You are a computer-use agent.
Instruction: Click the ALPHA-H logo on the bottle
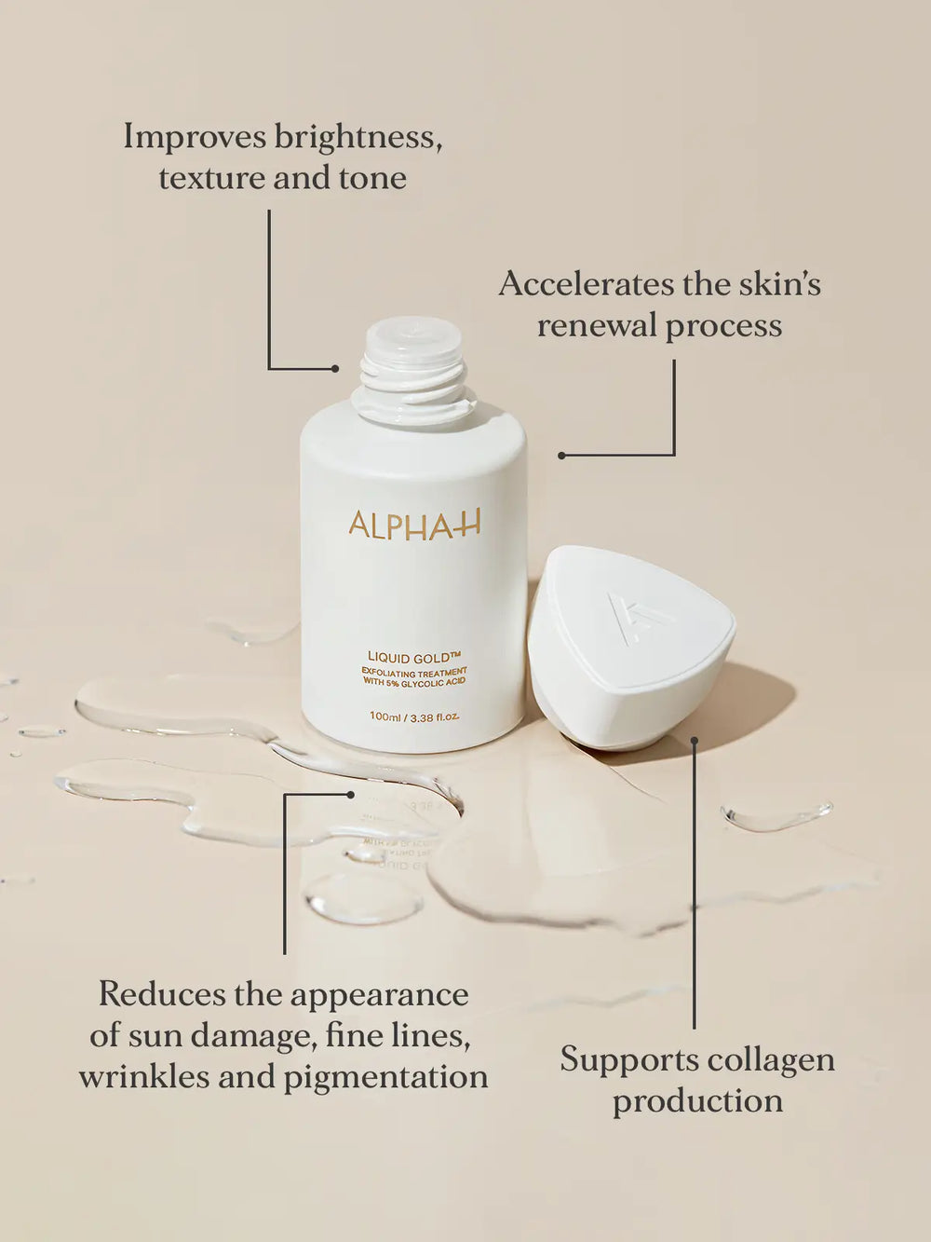414,525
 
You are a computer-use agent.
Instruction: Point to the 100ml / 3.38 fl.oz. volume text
414,717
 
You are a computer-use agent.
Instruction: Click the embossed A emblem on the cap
633,617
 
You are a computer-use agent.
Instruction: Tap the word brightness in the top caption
355,137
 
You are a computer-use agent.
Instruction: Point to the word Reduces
162,994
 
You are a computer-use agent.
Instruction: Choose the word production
697,1101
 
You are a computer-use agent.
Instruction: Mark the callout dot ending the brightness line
335,369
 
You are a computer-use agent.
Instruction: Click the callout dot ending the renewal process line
561,456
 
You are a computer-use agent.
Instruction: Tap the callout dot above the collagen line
694,741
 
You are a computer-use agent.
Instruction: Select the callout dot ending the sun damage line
351,795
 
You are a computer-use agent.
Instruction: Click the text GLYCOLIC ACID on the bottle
433,682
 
